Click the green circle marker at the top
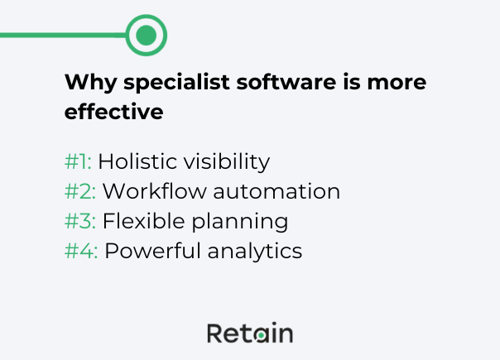[147, 35]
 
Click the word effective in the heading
[113, 112]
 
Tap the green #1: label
[78, 161]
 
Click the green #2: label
[80, 191]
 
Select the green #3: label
[80, 221]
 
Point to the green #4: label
[81, 251]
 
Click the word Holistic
[133, 161]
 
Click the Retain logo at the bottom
[249, 334]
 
